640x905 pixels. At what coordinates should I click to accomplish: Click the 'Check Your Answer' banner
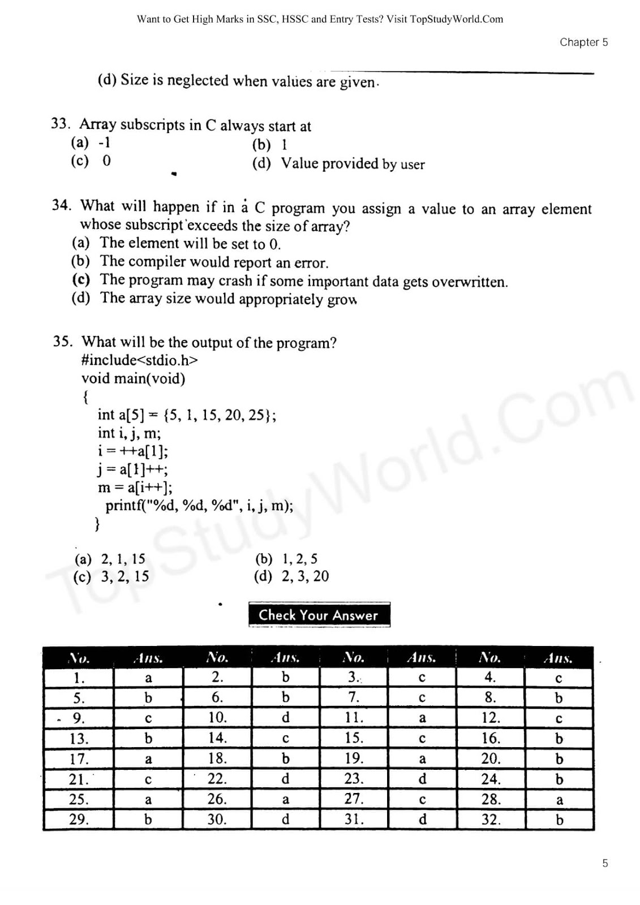pos(319,615)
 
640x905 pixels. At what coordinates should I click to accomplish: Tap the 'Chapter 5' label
pos(583,42)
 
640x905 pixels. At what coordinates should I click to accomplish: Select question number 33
pos(60,124)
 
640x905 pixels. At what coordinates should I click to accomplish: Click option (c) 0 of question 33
pos(91,161)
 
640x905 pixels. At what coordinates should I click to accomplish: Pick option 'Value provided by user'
pos(352,164)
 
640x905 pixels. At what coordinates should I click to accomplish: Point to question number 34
pos(61,205)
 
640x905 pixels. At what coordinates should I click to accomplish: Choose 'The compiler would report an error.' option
pos(213,262)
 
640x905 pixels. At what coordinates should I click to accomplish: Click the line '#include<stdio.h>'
pos(139,360)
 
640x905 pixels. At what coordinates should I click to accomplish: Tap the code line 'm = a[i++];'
pos(135,488)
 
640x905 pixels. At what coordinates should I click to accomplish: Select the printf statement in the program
pos(199,506)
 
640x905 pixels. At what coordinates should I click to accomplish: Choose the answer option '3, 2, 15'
pos(124,576)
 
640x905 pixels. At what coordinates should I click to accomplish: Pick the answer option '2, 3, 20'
pos(305,576)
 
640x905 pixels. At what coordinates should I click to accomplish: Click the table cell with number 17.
pos(79,759)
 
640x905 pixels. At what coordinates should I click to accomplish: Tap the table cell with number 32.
pos(490,819)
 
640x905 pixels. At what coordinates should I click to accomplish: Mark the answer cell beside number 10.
pos(285,718)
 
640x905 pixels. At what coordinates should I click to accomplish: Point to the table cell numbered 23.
pos(354,779)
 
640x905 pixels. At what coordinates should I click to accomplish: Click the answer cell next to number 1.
pos(148,678)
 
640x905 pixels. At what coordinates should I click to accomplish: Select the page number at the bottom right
pos(605,863)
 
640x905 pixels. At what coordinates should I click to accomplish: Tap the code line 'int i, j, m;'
pos(129,433)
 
